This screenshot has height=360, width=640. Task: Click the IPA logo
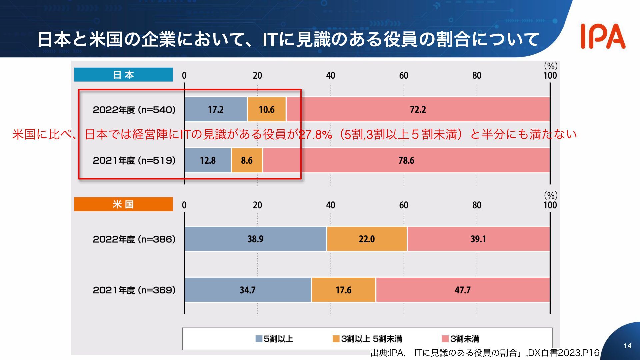click(603, 36)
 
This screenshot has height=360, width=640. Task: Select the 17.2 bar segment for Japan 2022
click(216, 109)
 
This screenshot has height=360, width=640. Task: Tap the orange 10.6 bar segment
click(267, 109)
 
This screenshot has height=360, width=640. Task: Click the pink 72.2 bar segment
click(418, 109)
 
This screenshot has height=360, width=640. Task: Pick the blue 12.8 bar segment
click(208, 160)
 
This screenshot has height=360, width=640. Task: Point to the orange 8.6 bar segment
click(247, 160)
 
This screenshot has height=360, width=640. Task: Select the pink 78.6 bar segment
click(406, 160)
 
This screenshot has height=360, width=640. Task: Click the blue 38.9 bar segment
click(255, 239)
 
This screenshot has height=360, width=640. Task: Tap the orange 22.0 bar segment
click(367, 239)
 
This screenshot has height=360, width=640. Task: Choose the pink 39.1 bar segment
click(478, 239)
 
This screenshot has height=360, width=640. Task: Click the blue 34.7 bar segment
click(248, 290)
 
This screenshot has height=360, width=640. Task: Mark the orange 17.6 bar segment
click(343, 290)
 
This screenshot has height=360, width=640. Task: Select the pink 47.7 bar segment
click(462, 290)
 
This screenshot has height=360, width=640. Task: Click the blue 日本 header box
click(123, 75)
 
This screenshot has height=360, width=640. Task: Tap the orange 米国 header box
click(123, 204)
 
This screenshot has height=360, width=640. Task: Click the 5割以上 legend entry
click(274, 339)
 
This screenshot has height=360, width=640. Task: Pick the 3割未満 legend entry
click(461, 339)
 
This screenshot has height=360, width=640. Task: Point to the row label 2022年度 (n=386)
click(134, 239)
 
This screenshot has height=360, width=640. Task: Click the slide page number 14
click(627, 346)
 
